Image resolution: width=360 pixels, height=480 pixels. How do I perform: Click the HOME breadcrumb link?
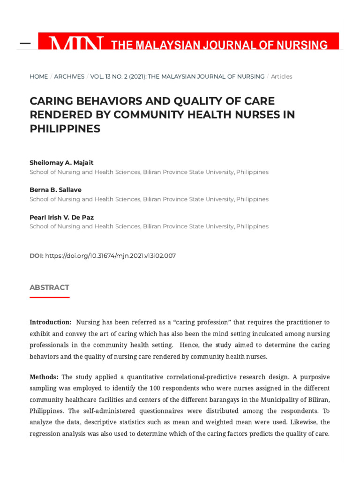(x=38, y=76)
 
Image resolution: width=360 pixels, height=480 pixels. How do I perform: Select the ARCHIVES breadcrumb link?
(x=69, y=76)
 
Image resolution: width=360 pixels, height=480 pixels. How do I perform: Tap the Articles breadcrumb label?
(x=281, y=76)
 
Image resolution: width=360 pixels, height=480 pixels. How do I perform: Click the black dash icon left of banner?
(x=25, y=44)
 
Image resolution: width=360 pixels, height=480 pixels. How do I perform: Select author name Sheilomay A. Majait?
(x=61, y=163)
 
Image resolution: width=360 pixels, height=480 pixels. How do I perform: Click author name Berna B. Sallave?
(x=55, y=190)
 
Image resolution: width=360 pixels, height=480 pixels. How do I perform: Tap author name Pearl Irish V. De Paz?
(x=61, y=217)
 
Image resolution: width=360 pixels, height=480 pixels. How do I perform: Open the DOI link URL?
(x=110, y=256)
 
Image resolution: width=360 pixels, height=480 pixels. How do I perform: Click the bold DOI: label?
(x=37, y=256)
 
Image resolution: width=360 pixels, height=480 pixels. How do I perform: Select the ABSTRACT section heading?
(x=49, y=287)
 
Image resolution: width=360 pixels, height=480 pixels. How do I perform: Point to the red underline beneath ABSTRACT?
(x=49, y=297)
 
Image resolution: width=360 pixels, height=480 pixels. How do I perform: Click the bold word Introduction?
(x=51, y=322)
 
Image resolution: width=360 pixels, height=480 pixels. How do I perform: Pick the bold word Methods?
(x=44, y=377)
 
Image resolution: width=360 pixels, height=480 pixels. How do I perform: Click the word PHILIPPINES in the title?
(x=65, y=129)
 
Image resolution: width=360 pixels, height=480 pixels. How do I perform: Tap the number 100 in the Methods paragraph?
(x=155, y=388)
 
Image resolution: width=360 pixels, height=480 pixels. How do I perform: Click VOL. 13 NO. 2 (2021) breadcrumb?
(x=117, y=76)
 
